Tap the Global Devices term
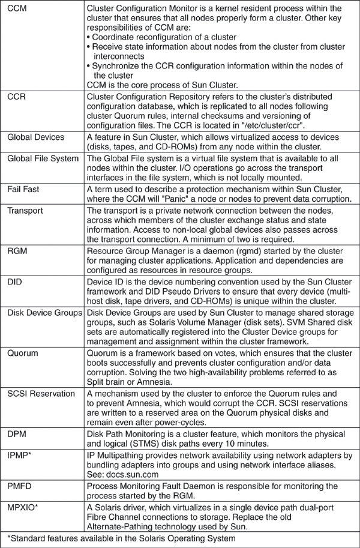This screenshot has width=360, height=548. (x=35, y=137)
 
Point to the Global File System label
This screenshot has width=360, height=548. (x=43, y=158)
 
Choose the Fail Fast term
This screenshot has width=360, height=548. (x=23, y=189)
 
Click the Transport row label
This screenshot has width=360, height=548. (x=26, y=210)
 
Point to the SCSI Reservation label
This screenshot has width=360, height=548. (x=41, y=394)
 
